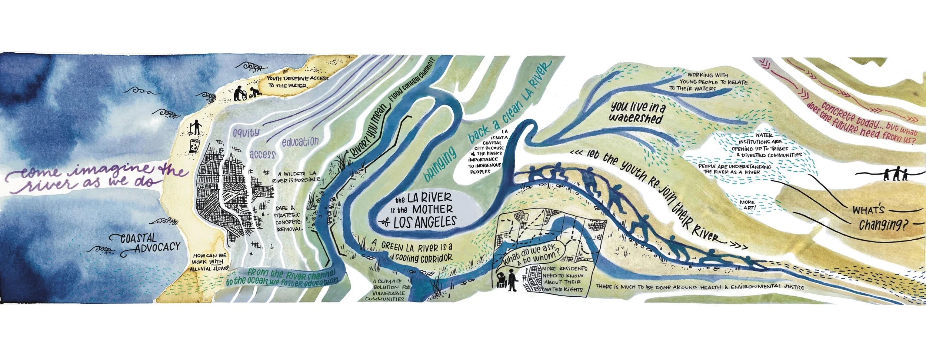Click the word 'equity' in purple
click(246, 132)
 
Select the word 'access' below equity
click(262, 154)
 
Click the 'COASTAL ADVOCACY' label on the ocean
click(150, 243)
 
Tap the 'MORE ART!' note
click(747, 205)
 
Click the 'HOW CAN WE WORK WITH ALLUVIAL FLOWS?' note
click(209, 262)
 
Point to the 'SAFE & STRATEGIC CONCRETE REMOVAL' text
click(288, 219)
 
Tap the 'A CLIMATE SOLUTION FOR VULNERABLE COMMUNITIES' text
click(386, 290)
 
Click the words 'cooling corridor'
click(423, 258)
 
